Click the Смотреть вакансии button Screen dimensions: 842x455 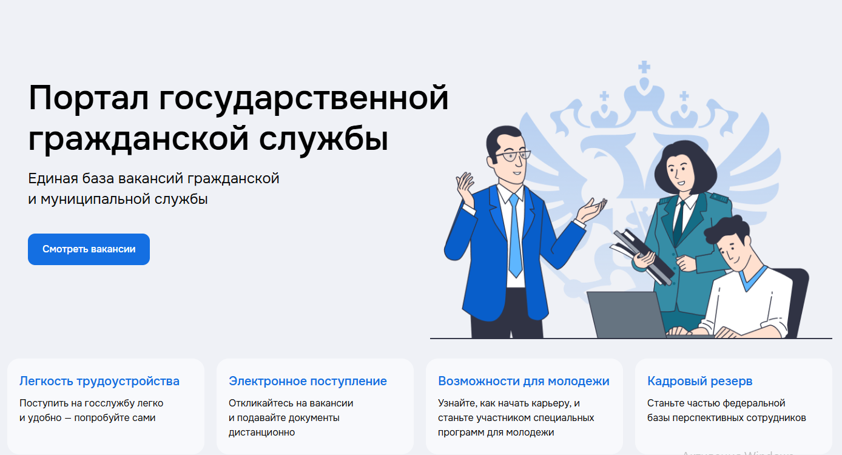click(89, 249)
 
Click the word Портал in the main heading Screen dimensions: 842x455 click(89, 98)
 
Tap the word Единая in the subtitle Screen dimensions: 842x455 click(52, 178)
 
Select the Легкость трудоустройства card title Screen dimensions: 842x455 click(99, 381)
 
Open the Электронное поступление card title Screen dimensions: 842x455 click(308, 381)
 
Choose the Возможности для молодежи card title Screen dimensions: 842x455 click(524, 381)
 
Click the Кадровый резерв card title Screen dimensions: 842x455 click(699, 381)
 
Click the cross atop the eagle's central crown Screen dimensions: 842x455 click(644, 67)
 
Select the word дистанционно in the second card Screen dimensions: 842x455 click(261, 432)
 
